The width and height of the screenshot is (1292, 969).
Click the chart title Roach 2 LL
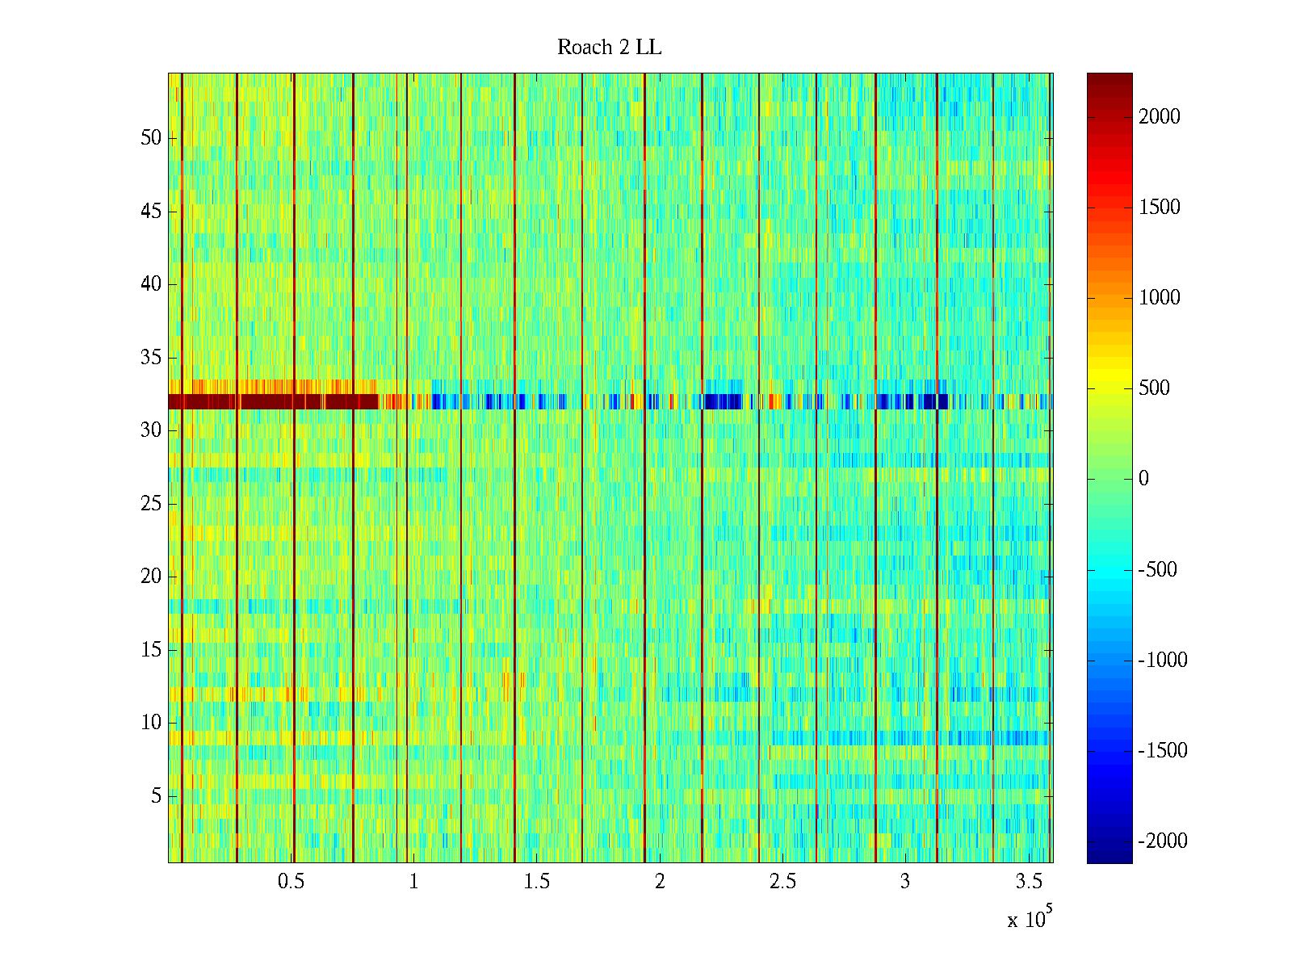(609, 48)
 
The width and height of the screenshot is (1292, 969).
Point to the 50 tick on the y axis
(151, 138)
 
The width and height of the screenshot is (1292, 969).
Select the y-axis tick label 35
(151, 357)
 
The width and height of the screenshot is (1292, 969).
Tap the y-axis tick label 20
(151, 577)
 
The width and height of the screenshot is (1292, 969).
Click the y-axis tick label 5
(156, 796)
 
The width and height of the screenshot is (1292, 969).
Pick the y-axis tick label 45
(151, 212)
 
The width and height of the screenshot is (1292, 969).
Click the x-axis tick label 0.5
(291, 882)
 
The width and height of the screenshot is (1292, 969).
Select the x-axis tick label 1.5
(537, 882)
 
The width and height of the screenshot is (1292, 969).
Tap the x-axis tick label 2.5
(782, 882)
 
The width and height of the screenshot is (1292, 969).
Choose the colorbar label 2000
(1160, 117)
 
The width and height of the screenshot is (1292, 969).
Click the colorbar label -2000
(1163, 841)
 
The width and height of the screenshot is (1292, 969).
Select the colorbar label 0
(1143, 479)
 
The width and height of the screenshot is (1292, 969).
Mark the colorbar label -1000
(1163, 661)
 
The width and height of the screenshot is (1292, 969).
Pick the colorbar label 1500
(1160, 208)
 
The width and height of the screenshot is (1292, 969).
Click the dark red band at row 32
(275, 401)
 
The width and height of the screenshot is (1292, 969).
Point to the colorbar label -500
(1158, 570)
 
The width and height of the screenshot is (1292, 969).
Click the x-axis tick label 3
(905, 882)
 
